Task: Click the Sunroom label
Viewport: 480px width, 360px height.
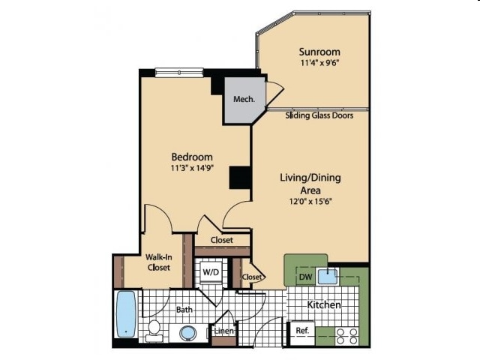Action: pyautogui.click(x=319, y=52)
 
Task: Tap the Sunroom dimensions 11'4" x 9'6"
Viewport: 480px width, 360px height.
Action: pyautogui.click(x=320, y=63)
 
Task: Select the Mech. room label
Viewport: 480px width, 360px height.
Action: pyautogui.click(x=244, y=99)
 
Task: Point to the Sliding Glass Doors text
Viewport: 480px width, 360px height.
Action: pyautogui.click(x=319, y=115)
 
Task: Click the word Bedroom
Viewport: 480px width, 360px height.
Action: pyautogui.click(x=192, y=157)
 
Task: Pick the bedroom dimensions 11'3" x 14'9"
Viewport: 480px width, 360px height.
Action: pyautogui.click(x=192, y=168)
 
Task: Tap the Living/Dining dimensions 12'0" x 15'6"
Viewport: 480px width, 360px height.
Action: pyautogui.click(x=310, y=202)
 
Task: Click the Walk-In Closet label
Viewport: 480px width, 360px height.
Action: pyautogui.click(x=158, y=262)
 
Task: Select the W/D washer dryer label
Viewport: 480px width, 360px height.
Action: pyautogui.click(x=211, y=271)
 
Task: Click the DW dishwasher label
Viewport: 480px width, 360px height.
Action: pyautogui.click(x=305, y=277)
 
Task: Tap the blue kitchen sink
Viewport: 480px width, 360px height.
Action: pyautogui.click(x=328, y=277)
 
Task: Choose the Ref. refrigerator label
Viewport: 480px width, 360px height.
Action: pyautogui.click(x=302, y=331)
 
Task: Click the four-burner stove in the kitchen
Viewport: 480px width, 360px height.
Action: pyautogui.click(x=347, y=336)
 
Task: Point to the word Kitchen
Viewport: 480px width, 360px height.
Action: pyautogui.click(x=324, y=305)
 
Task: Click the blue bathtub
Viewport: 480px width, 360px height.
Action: pyautogui.click(x=126, y=314)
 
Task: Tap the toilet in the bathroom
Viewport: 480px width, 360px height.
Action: pyautogui.click(x=154, y=331)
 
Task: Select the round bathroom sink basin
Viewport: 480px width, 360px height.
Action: pyautogui.click(x=187, y=333)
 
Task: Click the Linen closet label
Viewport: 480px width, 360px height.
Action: pyautogui.click(x=224, y=331)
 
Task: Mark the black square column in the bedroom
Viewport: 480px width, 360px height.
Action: pyautogui.click(x=240, y=178)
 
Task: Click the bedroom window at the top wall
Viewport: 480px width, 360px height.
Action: pyautogui.click(x=179, y=73)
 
